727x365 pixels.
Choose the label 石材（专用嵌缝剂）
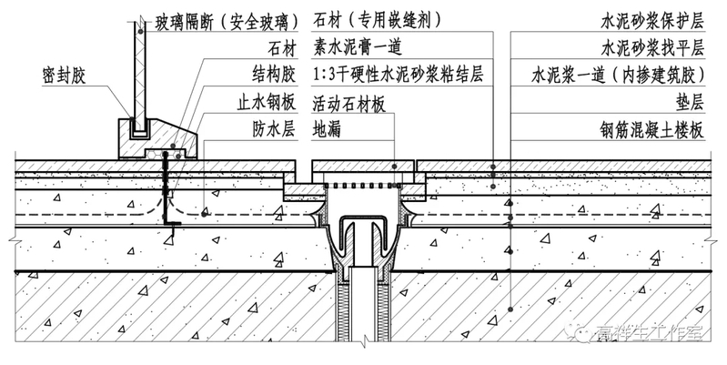pos(377,19)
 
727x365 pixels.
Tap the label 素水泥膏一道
pos(357,46)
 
